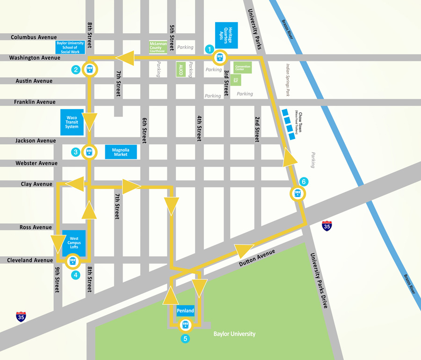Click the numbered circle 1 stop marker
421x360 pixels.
click(210, 49)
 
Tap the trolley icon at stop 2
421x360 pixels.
click(89, 69)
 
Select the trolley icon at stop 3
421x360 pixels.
click(89, 152)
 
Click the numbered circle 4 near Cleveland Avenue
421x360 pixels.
click(76, 275)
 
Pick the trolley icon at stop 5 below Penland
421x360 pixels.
click(186, 325)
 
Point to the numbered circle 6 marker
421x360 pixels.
click(304, 182)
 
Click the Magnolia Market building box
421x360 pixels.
click(121, 152)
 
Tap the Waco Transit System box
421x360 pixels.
click(72, 122)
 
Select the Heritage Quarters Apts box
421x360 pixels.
click(226, 35)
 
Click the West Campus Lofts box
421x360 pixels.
click(74, 243)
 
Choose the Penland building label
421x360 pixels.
click(185, 311)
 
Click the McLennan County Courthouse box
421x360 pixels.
click(158, 47)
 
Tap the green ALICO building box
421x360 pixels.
click(181, 70)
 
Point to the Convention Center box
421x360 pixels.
click(243, 68)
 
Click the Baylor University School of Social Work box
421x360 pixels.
click(70, 47)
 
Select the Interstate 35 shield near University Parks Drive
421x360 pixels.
click(327, 226)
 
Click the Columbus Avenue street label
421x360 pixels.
click(34, 37)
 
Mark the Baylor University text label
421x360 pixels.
click(234, 334)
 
